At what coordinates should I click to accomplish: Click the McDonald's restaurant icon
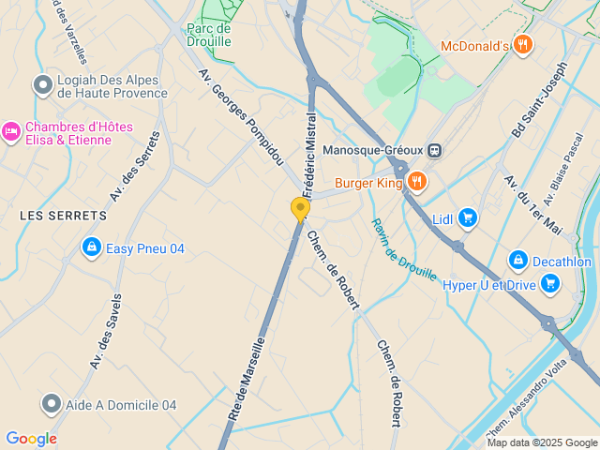pos(523,44)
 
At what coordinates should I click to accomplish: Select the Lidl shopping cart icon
pos(468,219)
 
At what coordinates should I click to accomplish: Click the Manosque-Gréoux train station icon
pos(434,150)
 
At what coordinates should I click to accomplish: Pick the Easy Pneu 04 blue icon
pos(91,247)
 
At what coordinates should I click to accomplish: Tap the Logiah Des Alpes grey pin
pos(42,85)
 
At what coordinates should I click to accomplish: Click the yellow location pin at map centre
pos(300,208)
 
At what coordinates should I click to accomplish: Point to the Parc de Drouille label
pos(209,35)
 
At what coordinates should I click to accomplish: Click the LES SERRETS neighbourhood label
pos(64,216)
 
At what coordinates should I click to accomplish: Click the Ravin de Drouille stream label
pos(404,249)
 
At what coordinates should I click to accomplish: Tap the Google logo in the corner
pos(31,439)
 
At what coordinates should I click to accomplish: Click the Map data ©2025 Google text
pos(541,442)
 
